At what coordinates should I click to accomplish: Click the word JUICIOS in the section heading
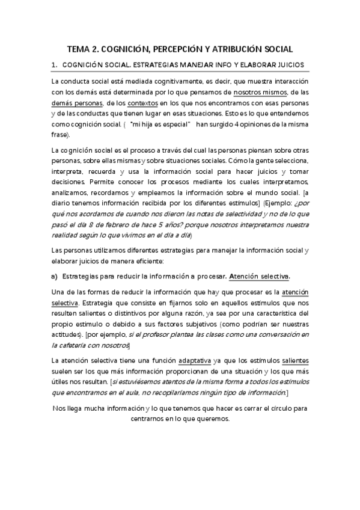tap(290, 64)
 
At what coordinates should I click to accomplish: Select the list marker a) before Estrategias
tap(53, 277)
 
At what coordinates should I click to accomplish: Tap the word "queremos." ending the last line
tap(219, 420)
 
